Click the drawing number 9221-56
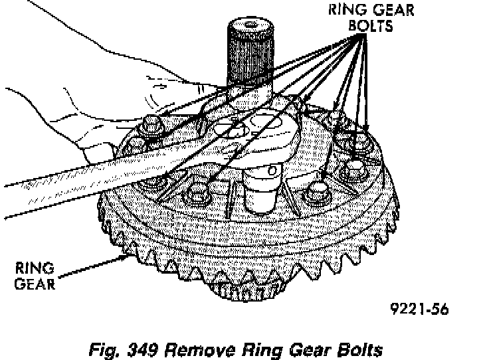click(x=419, y=308)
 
